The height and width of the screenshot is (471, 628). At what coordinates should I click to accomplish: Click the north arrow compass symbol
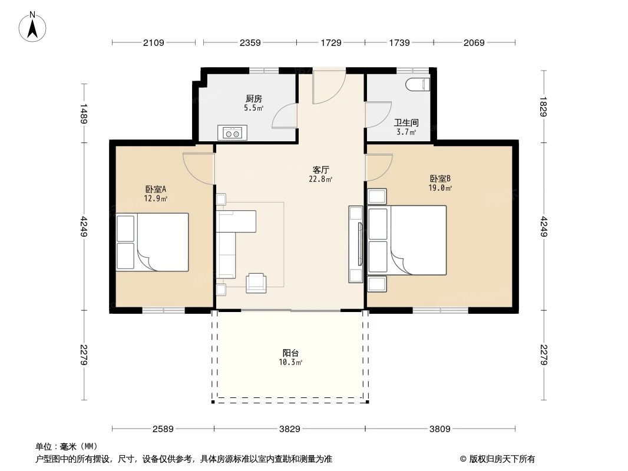(34, 26)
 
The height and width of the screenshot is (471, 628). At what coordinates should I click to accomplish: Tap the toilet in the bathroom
(418, 84)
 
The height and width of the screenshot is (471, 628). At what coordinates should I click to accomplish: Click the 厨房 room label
(254, 99)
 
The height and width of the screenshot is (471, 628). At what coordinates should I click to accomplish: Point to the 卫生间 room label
(406, 123)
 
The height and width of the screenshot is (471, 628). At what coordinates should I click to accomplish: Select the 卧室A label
(156, 189)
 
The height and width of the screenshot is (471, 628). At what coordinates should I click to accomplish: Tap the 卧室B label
(440, 178)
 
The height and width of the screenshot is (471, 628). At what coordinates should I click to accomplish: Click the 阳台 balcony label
(290, 353)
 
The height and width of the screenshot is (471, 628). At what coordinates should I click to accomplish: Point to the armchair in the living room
(256, 283)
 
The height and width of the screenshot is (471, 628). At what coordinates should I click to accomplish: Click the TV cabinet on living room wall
(356, 244)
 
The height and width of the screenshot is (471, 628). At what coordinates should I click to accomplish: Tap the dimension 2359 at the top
(250, 42)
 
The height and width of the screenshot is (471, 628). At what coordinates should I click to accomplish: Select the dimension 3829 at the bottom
(289, 429)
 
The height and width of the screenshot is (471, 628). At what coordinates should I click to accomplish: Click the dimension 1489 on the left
(84, 113)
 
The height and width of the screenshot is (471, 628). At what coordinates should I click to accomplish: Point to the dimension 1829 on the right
(543, 107)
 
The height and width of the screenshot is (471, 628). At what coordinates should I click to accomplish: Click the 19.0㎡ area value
(440, 188)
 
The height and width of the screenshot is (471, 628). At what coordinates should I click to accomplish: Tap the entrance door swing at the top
(328, 87)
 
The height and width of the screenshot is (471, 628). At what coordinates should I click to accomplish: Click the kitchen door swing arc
(284, 115)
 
